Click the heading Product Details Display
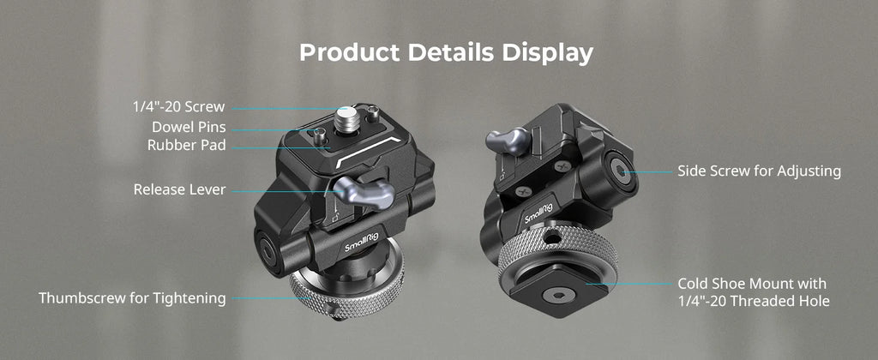[446, 52]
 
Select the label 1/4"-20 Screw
[178, 107]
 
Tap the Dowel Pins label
[189, 127]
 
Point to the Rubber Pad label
[186, 145]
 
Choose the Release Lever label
[179, 189]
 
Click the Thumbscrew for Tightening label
[132, 298]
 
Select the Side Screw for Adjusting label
[759, 171]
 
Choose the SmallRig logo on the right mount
[537, 210]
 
